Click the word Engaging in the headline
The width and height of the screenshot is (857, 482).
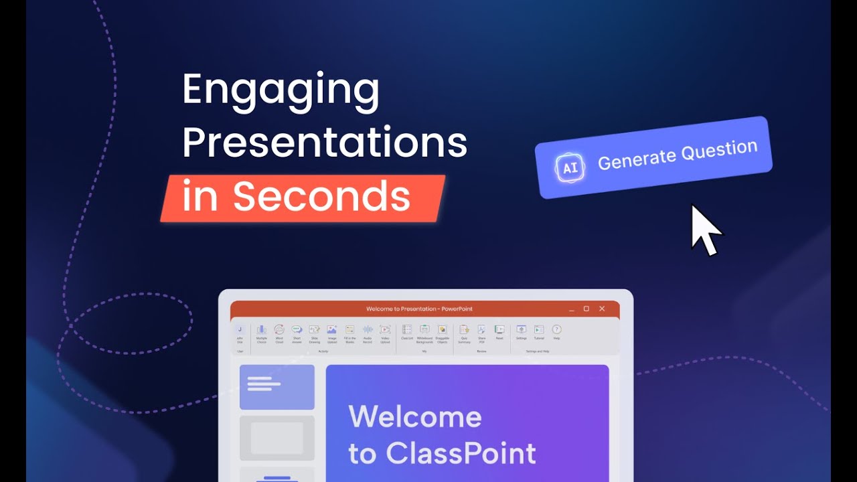click(x=281, y=91)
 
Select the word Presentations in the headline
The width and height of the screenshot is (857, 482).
click(x=325, y=143)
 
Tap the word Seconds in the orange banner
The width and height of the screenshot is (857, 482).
click(x=321, y=197)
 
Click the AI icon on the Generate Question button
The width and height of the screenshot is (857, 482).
click(x=570, y=168)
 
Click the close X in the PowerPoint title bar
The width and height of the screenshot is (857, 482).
click(x=602, y=309)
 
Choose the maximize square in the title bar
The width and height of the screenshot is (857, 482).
click(x=586, y=309)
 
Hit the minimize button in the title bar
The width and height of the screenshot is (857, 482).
click(x=571, y=309)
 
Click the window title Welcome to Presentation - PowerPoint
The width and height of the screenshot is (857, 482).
click(x=419, y=309)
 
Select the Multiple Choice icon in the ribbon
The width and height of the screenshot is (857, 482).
click(x=261, y=330)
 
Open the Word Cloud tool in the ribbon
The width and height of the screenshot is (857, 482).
click(x=279, y=330)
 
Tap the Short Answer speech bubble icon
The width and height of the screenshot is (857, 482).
click(x=297, y=330)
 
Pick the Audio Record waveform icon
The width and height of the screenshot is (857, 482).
click(x=367, y=330)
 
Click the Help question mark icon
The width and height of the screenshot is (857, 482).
click(x=556, y=329)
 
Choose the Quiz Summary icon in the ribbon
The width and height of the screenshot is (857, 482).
click(x=464, y=330)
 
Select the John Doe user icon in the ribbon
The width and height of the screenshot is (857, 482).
click(x=240, y=330)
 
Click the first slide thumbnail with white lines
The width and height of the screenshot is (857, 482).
click(x=277, y=387)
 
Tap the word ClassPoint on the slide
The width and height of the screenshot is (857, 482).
click(x=461, y=454)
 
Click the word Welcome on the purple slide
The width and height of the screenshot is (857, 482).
click(x=415, y=417)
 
